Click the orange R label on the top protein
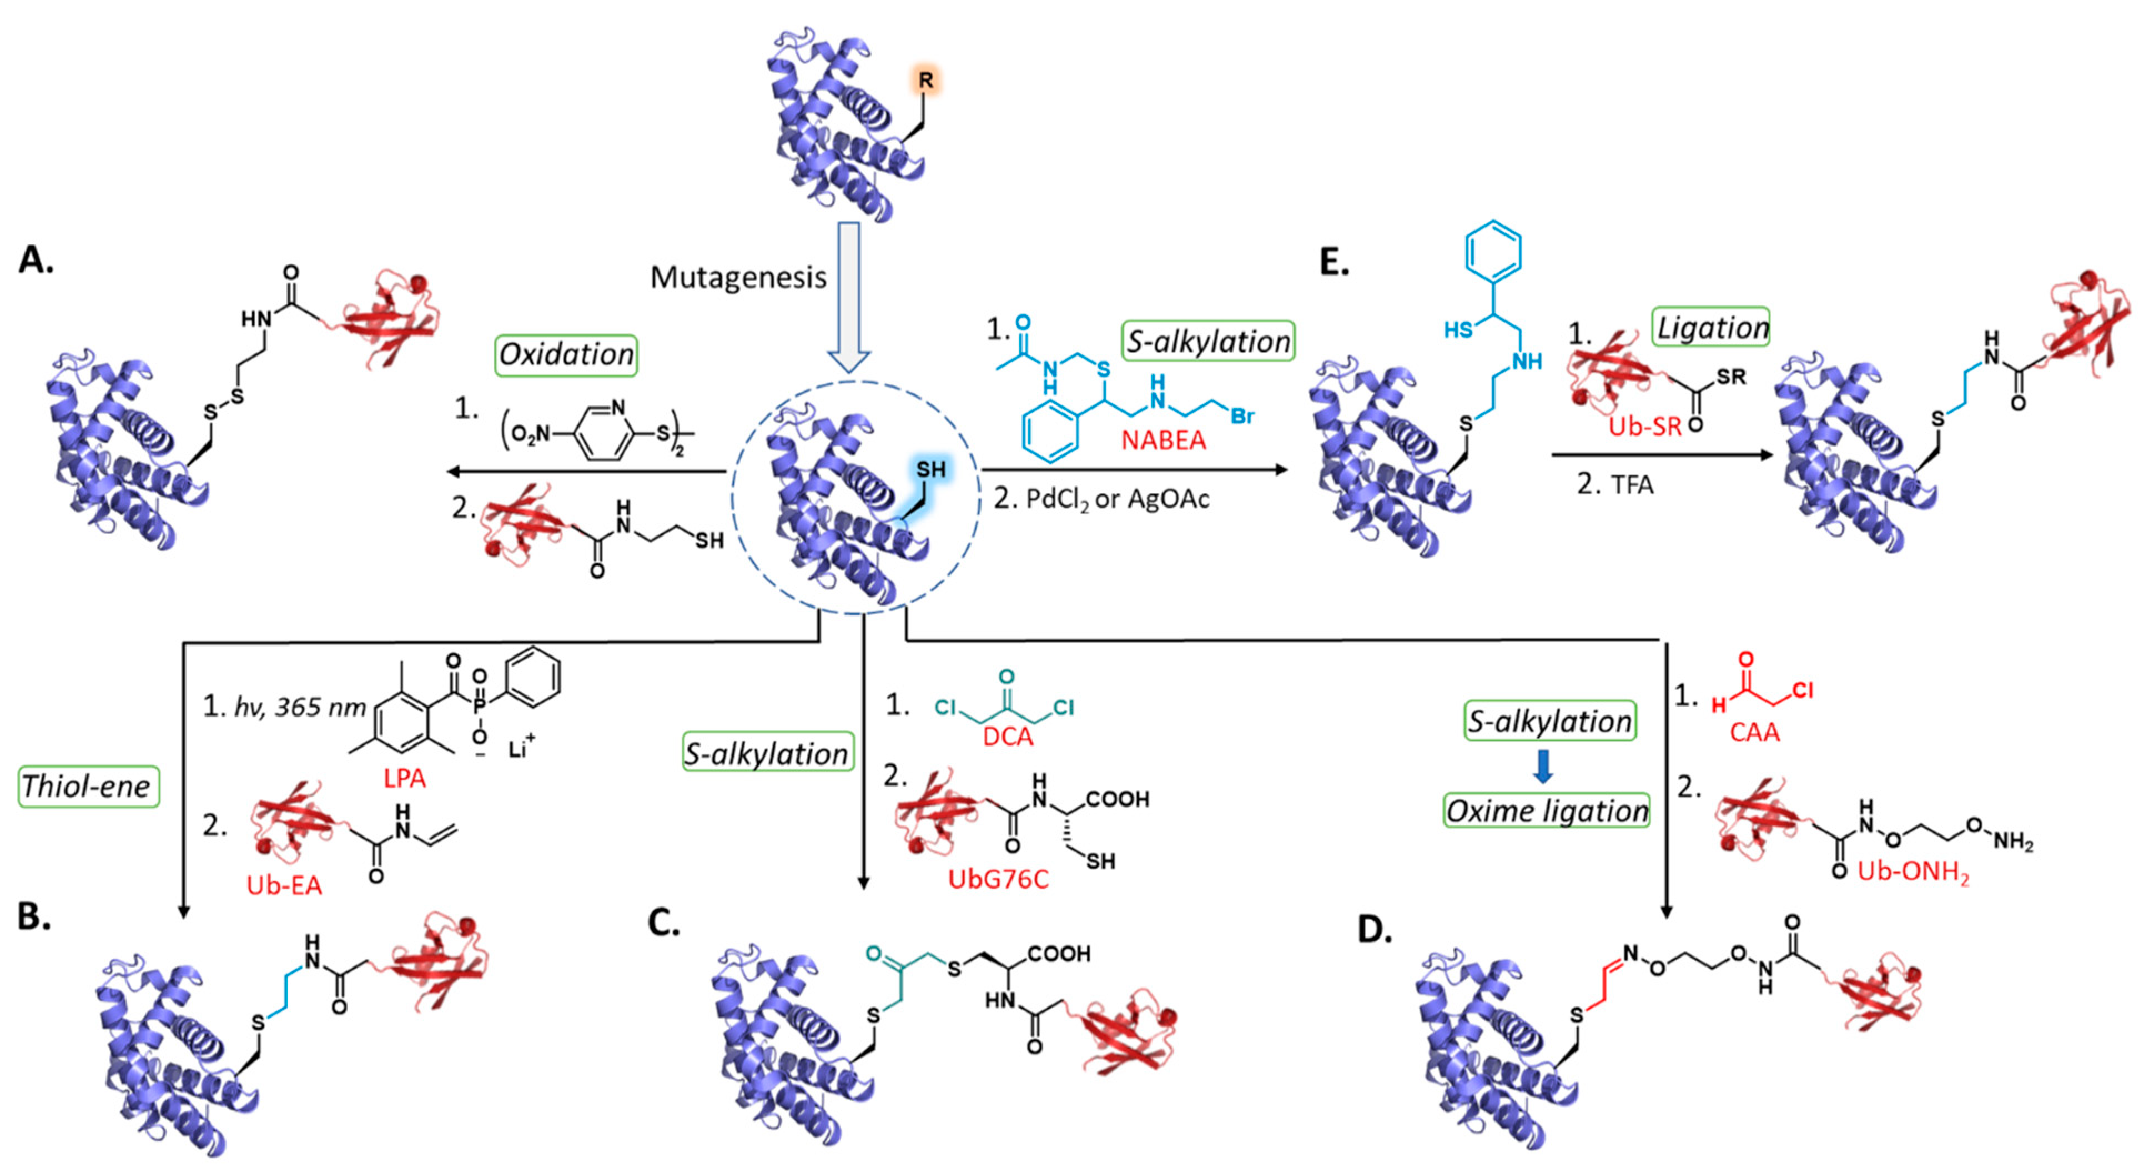click(925, 81)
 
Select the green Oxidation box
click(566, 355)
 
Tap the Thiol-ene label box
click(87, 787)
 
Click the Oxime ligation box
click(1546, 810)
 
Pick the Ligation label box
click(1713, 327)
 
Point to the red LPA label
click(405, 778)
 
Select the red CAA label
click(1754, 733)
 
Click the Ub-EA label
click(284, 885)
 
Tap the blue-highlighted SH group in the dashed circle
click(930, 469)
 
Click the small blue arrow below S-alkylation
click(1543, 767)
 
